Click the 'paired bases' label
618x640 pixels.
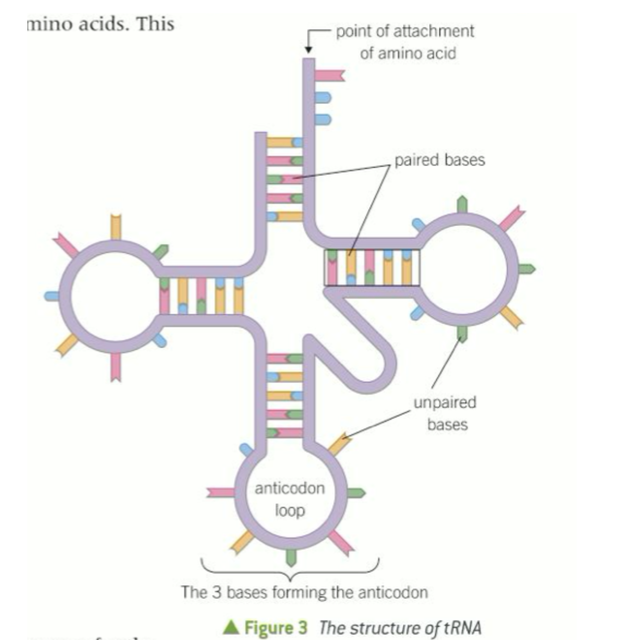click(439, 160)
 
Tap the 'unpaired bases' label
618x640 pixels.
click(445, 413)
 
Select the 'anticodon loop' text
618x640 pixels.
click(289, 499)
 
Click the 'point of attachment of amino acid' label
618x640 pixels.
click(405, 42)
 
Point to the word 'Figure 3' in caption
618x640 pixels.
click(276, 627)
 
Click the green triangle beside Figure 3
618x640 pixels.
click(232, 627)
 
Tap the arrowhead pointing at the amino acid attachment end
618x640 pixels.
click(308, 50)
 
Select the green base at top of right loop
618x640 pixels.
click(462, 204)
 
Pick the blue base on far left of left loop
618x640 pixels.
click(52, 296)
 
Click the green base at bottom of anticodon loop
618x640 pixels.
click(292, 557)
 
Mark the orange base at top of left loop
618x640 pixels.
click(116, 226)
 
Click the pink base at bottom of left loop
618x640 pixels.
click(116, 367)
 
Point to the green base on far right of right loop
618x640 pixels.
click(526, 269)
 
